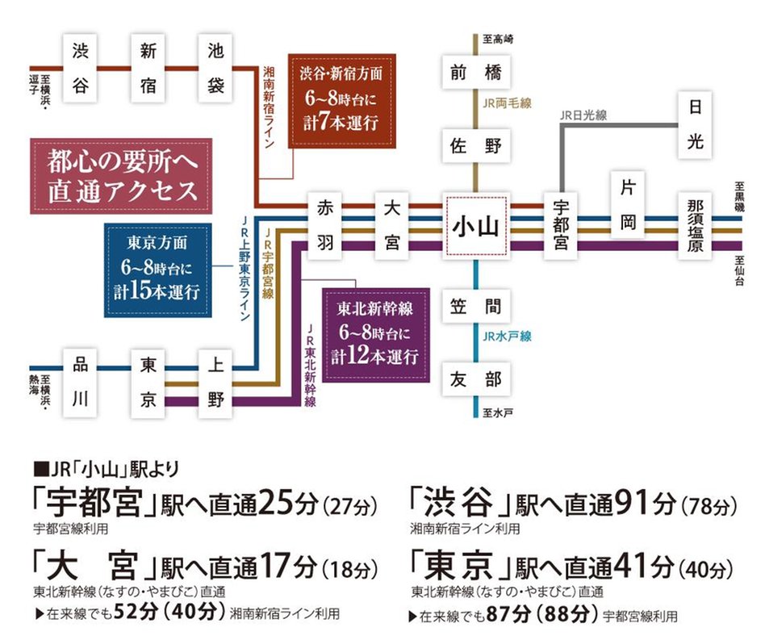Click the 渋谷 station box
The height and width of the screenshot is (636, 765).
click(80, 68)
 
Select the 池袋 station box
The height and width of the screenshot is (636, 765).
click(215, 68)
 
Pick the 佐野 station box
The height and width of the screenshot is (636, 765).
click(476, 146)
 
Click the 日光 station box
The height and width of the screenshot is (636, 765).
click(696, 125)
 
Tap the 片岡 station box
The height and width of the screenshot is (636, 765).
click(629, 206)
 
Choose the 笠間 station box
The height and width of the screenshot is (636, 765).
click(476, 306)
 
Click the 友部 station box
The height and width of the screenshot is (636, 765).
click(476, 379)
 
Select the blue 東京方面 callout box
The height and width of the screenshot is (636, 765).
click(157, 270)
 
